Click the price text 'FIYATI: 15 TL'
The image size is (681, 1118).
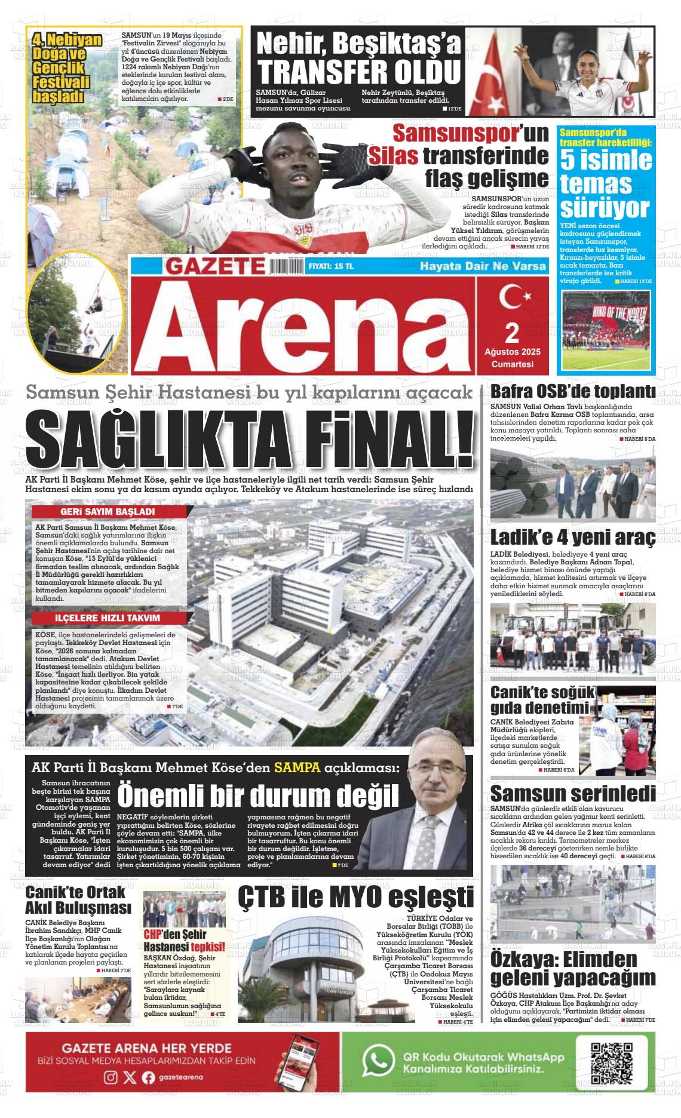331,266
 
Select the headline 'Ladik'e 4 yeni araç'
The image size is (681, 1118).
572,538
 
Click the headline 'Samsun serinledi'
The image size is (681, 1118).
572,794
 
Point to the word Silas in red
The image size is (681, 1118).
392,156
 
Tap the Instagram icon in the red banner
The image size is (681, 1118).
111,1077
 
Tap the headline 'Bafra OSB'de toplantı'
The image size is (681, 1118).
572,393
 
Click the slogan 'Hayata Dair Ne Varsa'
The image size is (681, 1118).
483,266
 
